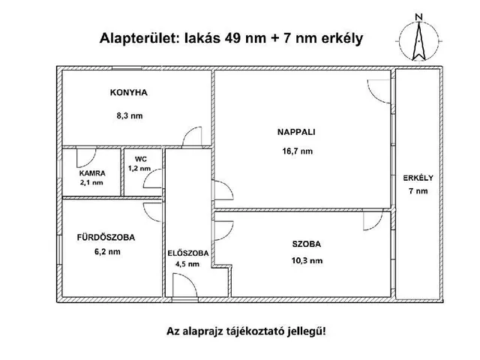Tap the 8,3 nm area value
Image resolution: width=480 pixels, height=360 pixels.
pyautogui.click(x=129, y=116)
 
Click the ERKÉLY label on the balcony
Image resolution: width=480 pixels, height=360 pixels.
pyautogui.click(x=418, y=178)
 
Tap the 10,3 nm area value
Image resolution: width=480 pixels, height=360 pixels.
pyautogui.click(x=306, y=260)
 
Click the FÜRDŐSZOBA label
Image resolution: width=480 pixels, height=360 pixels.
pyautogui.click(x=106, y=238)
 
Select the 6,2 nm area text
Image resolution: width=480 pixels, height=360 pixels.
pyautogui.click(x=106, y=252)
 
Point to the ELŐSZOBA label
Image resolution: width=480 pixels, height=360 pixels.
pyautogui.click(x=187, y=253)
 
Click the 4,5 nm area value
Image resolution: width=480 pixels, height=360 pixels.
pyautogui.click(x=187, y=264)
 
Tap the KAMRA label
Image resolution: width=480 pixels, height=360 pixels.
pyautogui.click(x=92, y=173)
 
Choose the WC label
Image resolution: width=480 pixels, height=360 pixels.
pyautogui.click(x=141, y=160)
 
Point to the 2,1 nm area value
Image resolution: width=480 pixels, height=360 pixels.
pyautogui.click(x=92, y=182)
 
